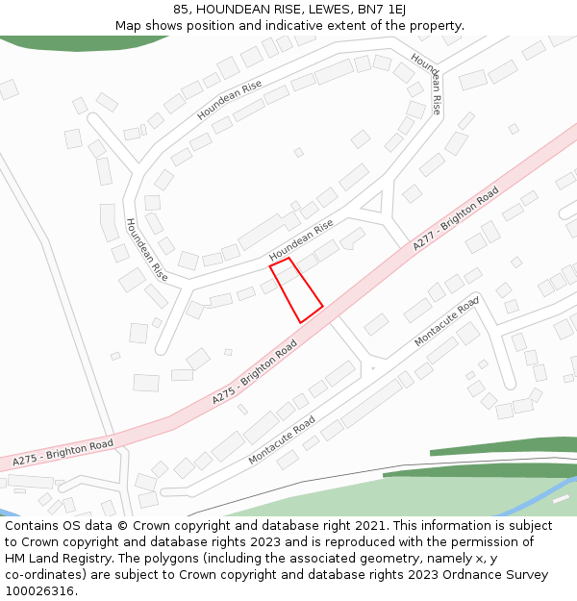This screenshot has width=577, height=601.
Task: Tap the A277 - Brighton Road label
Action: click(456, 219)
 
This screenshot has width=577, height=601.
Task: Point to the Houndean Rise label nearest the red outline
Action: click(301, 239)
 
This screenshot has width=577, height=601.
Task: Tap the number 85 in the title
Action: click(182, 9)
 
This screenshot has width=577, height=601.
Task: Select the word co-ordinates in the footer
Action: click(41, 575)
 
